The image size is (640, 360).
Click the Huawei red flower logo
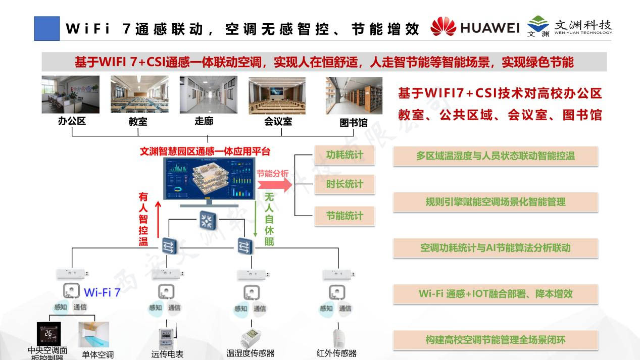(x=443, y=27)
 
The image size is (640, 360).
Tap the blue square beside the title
(x=46, y=28)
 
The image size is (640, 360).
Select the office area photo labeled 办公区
(x=70, y=94)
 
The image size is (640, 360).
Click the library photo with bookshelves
(x=354, y=95)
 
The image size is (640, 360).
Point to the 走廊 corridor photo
(x=208, y=94)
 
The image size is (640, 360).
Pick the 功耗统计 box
(x=344, y=155)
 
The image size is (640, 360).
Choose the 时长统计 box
(x=344, y=184)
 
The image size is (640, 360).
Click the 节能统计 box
(x=344, y=216)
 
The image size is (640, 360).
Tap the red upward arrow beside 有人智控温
(x=158, y=220)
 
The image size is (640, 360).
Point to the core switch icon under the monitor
(x=207, y=220)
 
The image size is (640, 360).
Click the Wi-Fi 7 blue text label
(x=102, y=292)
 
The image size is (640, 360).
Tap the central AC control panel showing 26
(x=48, y=334)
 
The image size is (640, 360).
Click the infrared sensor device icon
(x=336, y=338)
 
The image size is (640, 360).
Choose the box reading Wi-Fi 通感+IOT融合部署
(x=495, y=294)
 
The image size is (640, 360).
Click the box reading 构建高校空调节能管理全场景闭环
(x=495, y=340)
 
